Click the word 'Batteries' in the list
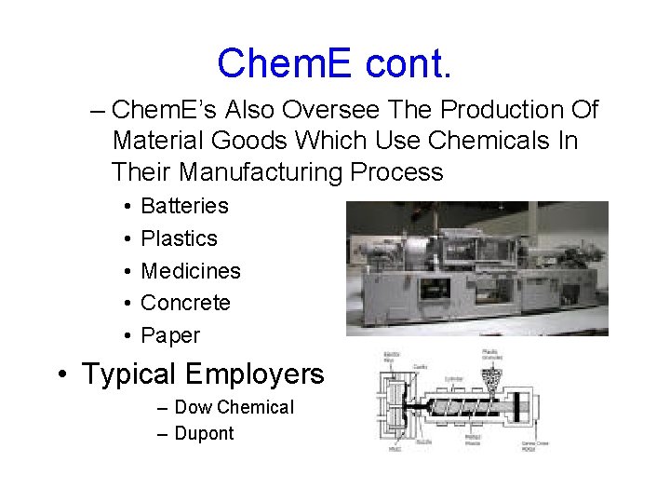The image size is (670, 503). click(184, 206)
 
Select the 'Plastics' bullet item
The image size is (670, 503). click(179, 238)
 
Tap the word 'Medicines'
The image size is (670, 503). click(190, 271)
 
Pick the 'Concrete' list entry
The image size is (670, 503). click(185, 303)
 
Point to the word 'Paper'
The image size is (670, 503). click(170, 335)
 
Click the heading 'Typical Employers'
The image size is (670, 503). click(203, 374)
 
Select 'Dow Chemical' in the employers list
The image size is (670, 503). click(234, 407)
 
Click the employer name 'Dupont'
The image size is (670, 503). click(204, 433)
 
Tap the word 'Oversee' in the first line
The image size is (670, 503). click(330, 110)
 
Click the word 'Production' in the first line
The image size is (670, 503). click(502, 110)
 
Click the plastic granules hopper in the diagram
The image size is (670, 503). click(491, 378)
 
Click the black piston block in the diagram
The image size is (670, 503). click(409, 408)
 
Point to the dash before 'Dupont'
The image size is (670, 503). click(164, 434)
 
